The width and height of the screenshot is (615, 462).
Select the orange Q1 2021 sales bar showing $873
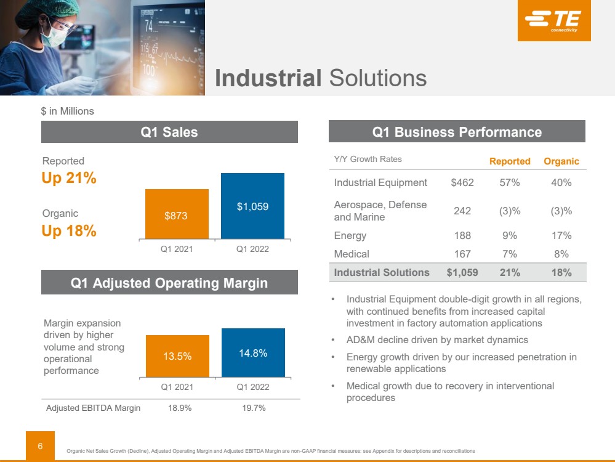coord(176,214)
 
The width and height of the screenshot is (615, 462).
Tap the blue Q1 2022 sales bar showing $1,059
coord(252,206)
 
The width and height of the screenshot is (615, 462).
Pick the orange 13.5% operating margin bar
coord(177,356)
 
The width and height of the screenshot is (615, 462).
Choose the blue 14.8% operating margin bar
coord(252,353)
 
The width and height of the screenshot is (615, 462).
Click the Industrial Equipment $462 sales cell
coord(461,182)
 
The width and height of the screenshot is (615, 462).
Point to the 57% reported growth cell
coord(510,182)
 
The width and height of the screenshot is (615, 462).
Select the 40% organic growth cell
coord(561,182)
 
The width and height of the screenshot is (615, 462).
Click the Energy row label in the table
coord(350,235)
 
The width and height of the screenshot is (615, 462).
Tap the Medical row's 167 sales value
coord(462,254)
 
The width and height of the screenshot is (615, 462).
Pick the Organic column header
coord(561,161)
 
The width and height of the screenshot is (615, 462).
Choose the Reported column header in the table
coord(510,161)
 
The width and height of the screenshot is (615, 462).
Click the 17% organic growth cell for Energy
coord(561,235)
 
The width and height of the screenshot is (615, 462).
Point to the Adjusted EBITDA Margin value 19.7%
coord(252,408)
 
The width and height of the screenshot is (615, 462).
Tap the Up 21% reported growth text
coord(69,178)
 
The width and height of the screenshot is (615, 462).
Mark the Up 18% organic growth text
coord(69,231)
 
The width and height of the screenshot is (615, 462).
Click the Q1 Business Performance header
coord(457,132)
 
